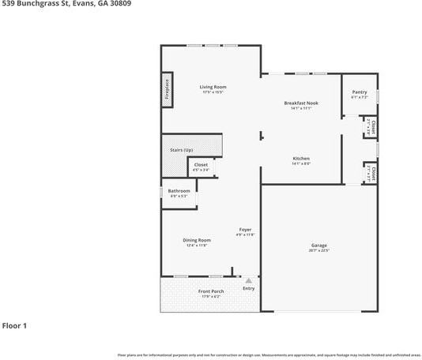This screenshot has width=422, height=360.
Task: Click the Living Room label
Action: (213, 87)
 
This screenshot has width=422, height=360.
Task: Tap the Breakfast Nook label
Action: (301, 103)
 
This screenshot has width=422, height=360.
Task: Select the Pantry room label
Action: (359, 92)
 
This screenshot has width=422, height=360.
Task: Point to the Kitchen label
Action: (301, 158)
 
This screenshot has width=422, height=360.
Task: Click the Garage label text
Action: (318, 246)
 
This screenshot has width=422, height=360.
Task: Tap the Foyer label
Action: (246, 230)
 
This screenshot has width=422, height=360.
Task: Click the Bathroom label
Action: (179, 190)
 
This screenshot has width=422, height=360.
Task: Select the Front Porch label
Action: (210, 291)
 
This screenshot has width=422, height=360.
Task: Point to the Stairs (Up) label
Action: (182, 149)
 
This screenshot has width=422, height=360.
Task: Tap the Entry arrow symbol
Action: (248, 279)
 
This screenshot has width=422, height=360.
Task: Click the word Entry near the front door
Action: (248, 288)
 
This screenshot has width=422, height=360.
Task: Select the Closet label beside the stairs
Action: (201, 165)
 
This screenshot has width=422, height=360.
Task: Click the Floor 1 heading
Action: (14, 325)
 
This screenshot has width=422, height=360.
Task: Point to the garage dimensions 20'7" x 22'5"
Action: (318, 250)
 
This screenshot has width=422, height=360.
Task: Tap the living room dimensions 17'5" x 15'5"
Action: (213, 92)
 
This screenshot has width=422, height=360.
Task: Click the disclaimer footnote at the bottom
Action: (269, 354)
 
